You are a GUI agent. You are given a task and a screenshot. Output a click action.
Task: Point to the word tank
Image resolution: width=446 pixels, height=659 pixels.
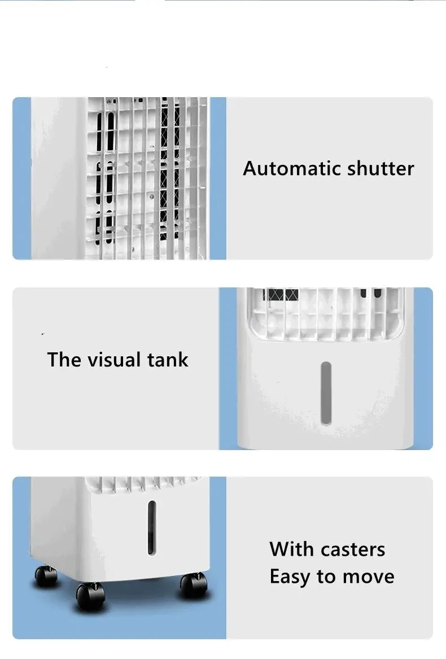pyautogui.click(x=168, y=360)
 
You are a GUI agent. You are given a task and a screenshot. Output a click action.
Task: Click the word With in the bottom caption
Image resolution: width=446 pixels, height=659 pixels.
pyautogui.click(x=292, y=549)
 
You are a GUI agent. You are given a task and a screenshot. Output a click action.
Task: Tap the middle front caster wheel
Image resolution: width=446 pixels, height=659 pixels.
pyautogui.click(x=90, y=596)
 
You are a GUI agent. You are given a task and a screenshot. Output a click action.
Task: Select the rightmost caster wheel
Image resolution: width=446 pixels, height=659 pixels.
pyautogui.click(x=194, y=584)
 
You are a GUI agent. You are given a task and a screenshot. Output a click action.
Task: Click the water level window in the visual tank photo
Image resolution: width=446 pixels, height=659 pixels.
pyautogui.click(x=326, y=393)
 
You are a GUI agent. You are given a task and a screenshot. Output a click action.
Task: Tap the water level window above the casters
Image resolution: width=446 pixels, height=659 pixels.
pyautogui.click(x=152, y=527)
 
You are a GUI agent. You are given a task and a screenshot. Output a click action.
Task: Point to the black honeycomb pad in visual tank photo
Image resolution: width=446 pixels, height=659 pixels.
pyautogui.click(x=282, y=294)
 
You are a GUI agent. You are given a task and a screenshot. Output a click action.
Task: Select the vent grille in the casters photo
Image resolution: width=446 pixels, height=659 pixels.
pyautogui.click(x=141, y=484)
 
